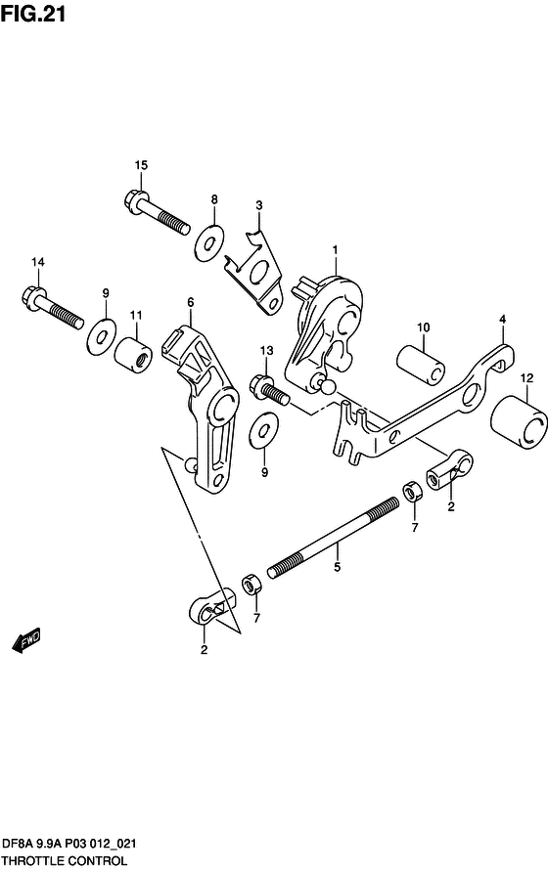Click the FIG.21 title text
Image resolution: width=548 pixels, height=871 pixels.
point(33,13)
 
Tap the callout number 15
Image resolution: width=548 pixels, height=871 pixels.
point(141,165)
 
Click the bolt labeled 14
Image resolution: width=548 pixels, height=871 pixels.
point(53,307)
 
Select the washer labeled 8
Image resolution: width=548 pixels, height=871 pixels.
point(209,242)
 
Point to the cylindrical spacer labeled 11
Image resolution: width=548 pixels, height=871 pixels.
point(133,354)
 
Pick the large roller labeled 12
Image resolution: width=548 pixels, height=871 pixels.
point(518,421)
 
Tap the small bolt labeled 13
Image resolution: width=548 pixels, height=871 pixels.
point(270,388)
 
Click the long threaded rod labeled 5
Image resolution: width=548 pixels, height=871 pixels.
point(334,538)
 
